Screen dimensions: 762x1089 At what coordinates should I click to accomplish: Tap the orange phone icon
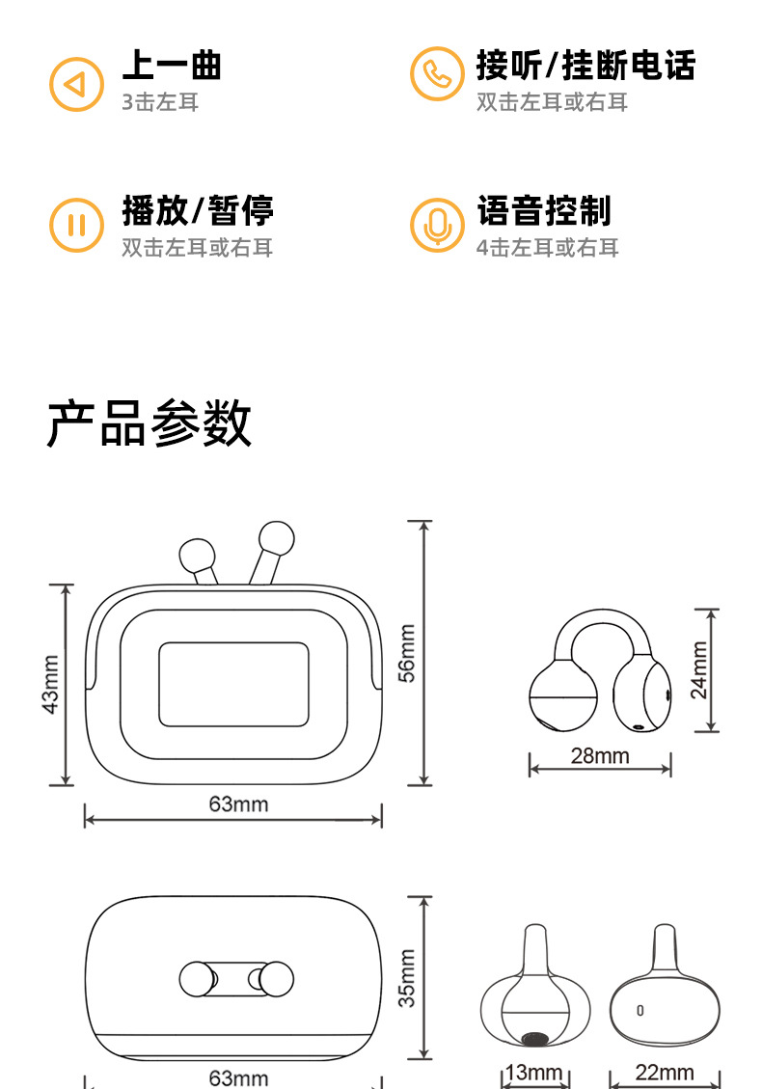tap(437, 74)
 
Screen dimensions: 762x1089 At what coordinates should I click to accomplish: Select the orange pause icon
tap(76, 226)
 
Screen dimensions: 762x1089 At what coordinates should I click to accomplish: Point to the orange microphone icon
tap(437, 226)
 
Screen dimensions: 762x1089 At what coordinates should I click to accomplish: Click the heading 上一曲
tap(172, 66)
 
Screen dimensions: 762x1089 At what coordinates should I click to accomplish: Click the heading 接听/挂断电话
tap(585, 66)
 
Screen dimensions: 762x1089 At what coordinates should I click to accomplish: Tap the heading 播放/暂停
tap(198, 209)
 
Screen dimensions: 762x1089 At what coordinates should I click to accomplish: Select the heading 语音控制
tap(544, 209)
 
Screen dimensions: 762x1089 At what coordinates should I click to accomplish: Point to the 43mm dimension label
tap(51, 684)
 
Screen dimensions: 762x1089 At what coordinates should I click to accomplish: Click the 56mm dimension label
tap(408, 653)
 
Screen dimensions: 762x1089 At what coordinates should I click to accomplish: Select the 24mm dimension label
tap(699, 669)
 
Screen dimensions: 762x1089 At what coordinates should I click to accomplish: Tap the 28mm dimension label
tap(599, 755)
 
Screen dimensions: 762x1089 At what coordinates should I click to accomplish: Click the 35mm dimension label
tap(408, 978)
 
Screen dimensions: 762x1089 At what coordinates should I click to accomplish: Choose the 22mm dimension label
tap(665, 1072)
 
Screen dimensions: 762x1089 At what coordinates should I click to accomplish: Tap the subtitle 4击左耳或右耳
tap(547, 248)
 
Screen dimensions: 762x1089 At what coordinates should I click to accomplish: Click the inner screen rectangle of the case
tap(233, 684)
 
